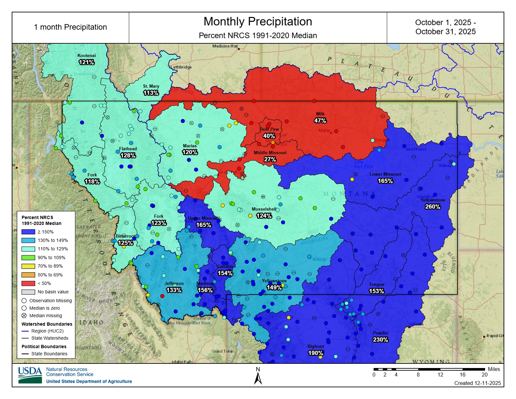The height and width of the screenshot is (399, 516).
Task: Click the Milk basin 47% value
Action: (x=320, y=121)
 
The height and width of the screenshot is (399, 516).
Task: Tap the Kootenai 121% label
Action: (x=86, y=62)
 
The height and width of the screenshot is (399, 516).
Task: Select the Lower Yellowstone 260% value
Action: (x=432, y=207)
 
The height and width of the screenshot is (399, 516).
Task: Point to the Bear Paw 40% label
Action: (x=269, y=136)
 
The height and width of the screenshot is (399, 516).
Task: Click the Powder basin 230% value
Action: (x=380, y=340)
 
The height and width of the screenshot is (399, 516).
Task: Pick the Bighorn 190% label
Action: (x=315, y=353)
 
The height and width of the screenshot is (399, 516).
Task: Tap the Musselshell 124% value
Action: (x=264, y=216)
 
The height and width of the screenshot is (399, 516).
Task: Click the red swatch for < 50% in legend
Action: (x=28, y=283)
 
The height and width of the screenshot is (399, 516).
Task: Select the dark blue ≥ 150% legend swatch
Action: (x=28, y=232)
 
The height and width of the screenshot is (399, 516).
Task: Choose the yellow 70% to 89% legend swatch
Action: (x=28, y=266)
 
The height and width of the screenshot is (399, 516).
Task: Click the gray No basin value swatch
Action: (x=28, y=292)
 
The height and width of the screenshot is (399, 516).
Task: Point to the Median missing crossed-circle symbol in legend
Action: (x=24, y=316)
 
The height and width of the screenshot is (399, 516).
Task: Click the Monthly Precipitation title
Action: (x=258, y=22)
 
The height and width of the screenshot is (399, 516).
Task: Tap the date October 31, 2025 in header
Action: (x=445, y=32)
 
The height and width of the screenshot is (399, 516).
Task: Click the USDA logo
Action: (x=30, y=375)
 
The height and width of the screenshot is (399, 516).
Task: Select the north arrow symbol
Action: (x=258, y=378)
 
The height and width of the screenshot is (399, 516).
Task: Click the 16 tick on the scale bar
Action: (x=462, y=375)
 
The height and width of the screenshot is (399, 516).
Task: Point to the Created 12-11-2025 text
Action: (x=477, y=383)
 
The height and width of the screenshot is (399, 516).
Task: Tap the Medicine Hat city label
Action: (x=225, y=46)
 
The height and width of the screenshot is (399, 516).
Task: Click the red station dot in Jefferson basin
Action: (x=162, y=296)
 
